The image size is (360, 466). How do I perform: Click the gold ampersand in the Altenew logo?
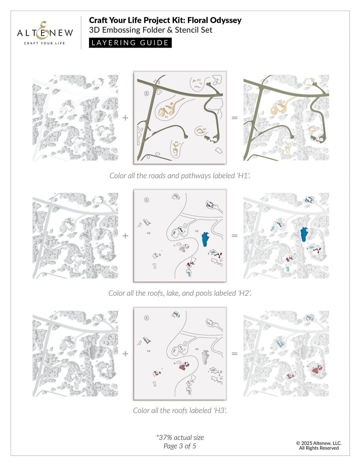[x=42, y=30]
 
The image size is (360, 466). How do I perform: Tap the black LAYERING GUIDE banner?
[x=130, y=43]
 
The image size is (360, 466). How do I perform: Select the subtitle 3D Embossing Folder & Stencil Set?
[x=150, y=30]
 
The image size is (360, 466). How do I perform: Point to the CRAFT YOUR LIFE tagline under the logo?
[x=44, y=43]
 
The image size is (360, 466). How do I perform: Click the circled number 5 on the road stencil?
[x=146, y=93]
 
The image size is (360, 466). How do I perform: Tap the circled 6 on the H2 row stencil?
[x=146, y=200]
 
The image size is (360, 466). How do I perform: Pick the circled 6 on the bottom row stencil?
[x=146, y=318]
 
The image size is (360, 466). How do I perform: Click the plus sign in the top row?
[x=125, y=118]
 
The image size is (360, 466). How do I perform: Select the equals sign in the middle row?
[x=235, y=236]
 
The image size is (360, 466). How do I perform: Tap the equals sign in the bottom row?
[x=235, y=354]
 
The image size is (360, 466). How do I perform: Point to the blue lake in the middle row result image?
[x=304, y=234]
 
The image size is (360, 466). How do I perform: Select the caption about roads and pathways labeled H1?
[x=180, y=176]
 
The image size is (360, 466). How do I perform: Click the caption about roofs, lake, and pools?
[x=180, y=293]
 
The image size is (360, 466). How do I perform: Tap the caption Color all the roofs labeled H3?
[x=180, y=411]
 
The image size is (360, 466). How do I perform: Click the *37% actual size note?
[x=180, y=438]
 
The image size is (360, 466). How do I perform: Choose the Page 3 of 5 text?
[x=180, y=446]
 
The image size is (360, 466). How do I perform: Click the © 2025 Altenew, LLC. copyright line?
[x=319, y=443]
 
